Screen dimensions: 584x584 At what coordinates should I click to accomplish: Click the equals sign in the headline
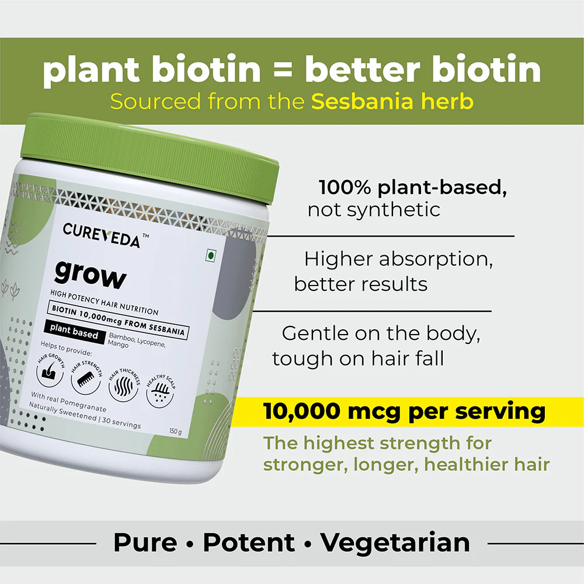click(x=283, y=70)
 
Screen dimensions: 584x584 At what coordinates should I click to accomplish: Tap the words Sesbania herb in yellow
click(x=392, y=101)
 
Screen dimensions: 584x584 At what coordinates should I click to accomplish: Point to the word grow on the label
click(x=91, y=275)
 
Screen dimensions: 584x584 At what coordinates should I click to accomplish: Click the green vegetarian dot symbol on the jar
click(x=211, y=256)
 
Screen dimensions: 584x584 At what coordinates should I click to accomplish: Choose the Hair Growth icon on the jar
click(x=50, y=370)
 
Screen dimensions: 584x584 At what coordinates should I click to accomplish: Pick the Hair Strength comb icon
click(x=86, y=378)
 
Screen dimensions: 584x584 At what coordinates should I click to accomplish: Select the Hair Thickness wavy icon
click(x=123, y=385)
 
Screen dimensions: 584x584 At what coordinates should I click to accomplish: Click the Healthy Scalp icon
click(x=161, y=391)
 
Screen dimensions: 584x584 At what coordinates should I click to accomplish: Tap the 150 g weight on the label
click(x=175, y=432)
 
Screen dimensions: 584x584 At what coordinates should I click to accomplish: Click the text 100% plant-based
click(x=413, y=187)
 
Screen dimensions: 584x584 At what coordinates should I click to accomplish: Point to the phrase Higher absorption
click(x=398, y=259)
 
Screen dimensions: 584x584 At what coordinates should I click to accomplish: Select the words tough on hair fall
click(x=358, y=359)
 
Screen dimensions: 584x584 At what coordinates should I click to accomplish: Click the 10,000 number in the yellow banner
click(x=302, y=411)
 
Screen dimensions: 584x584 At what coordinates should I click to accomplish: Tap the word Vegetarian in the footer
click(x=395, y=543)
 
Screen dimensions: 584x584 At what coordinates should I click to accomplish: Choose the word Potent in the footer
click(x=249, y=543)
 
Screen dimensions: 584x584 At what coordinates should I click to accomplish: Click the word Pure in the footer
click(x=145, y=543)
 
